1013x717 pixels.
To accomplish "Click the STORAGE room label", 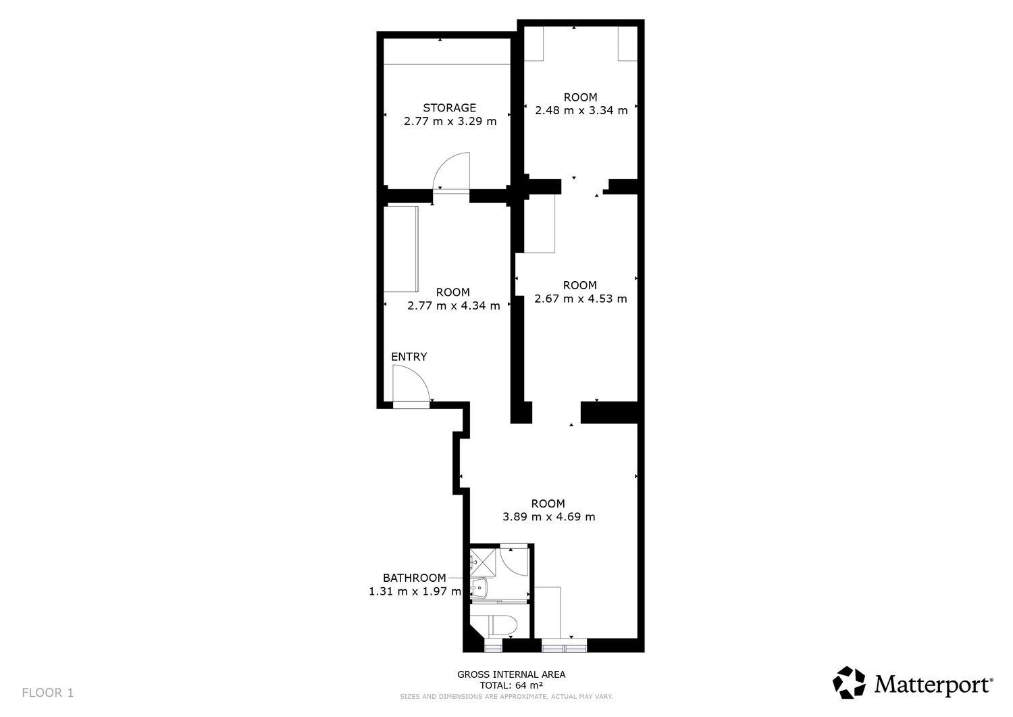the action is [x=449, y=107].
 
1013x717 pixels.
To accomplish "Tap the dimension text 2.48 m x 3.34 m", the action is [x=581, y=110].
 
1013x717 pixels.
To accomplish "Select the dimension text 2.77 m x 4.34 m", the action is [x=454, y=306].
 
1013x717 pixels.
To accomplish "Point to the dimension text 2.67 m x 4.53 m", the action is [x=581, y=299].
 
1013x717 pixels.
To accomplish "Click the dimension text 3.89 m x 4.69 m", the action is [x=548, y=516].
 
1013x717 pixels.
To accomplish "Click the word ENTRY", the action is [x=409, y=357].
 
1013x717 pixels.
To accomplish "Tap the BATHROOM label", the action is [x=414, y=578].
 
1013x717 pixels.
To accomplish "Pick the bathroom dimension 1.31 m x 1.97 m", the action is [x=415, y=591].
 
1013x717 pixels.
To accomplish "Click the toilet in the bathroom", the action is [x=502, y=626].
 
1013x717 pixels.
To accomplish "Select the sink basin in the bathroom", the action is [x=479, y=588].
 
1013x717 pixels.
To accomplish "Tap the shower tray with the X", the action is [x=483, y=562].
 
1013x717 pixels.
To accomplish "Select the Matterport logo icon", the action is [x=849, y=682].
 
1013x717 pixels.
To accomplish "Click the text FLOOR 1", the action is [x=47, y=693].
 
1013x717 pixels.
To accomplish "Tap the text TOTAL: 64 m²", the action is [x=511, y=685].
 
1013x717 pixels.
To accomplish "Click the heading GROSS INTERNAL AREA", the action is [x=511, y=674].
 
